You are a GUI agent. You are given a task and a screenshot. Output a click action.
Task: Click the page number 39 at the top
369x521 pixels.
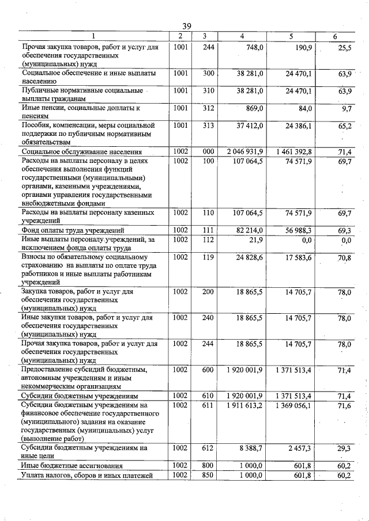186,26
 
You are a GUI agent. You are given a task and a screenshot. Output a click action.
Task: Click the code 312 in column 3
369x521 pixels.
208,108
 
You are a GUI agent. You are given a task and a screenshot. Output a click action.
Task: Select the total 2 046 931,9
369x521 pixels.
245,151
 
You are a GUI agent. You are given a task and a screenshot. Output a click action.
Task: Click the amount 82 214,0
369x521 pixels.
249,230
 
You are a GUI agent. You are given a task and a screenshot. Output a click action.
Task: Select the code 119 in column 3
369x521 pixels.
208,257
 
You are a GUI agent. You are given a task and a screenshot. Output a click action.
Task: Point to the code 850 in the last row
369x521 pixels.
208,475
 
